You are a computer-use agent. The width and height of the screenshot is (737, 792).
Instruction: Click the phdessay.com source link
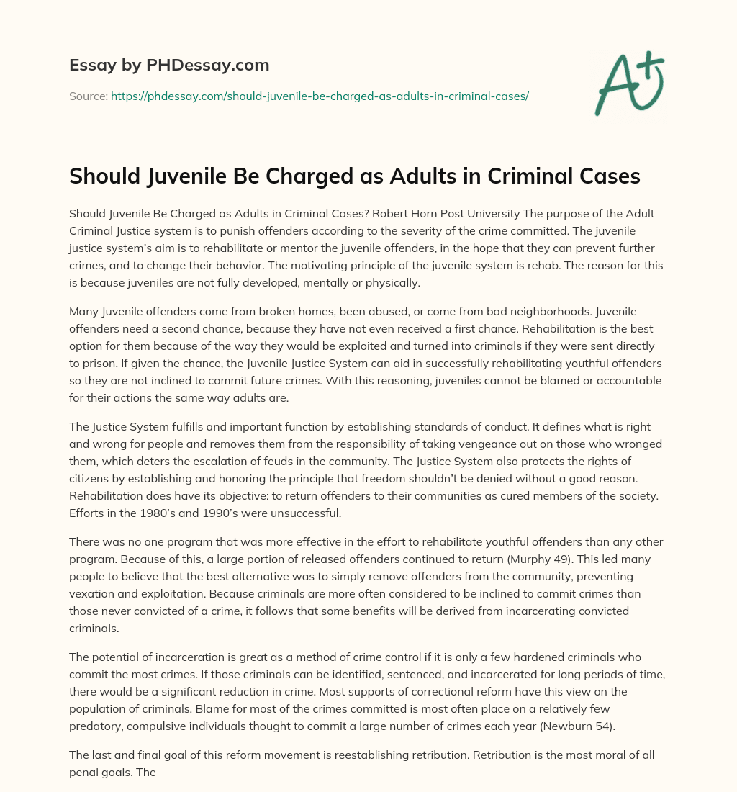click(320, 96)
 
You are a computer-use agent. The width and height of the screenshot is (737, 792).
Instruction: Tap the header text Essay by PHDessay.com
click(169, 66)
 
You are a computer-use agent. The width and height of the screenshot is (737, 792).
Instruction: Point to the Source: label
click(89, 96)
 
